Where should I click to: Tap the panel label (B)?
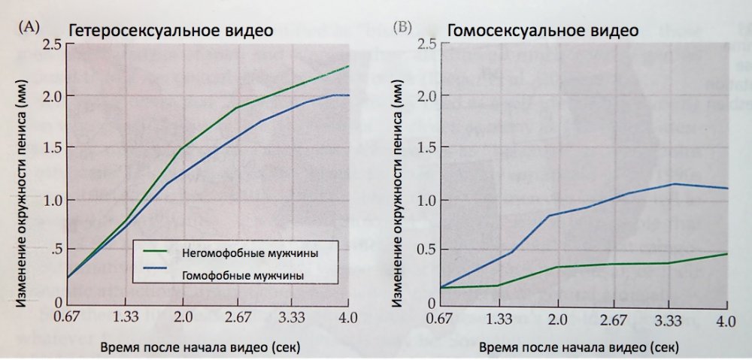[x=403, y=28]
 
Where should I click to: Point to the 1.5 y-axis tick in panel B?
[x=426, y=147]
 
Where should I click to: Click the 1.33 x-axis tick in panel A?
[x=124, y=319]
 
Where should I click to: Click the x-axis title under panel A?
[x=202, y=348]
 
